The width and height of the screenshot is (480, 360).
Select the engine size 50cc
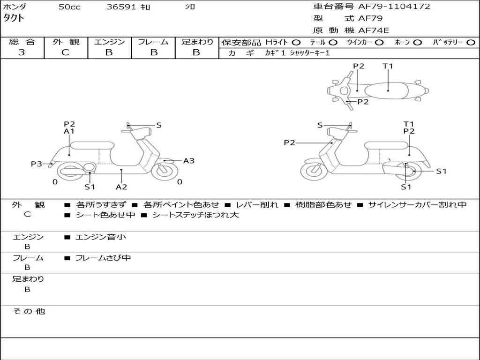tap(69, 7)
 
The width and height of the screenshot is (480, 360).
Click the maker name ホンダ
tap(15, 7)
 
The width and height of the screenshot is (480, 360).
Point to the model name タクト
tap(14, 18)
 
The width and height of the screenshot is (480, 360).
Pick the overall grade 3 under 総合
tap(22, 52)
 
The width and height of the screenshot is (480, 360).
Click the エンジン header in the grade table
tap(109, 42)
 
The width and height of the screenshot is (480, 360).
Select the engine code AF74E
tap(374, 31)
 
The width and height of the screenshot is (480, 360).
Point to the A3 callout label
tap(189, 161)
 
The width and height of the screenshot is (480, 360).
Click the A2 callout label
tap(121, 187)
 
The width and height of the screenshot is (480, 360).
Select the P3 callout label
tap(37, 164)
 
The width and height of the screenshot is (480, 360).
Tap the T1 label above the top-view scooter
tap(388, 66)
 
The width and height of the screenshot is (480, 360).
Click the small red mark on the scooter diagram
tap(390, 159)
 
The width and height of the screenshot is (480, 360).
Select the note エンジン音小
tap(100, 237)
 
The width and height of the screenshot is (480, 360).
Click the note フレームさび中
tap(103, 258)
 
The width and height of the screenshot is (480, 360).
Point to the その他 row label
tap(29, 311)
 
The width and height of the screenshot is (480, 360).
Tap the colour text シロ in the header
tap(190, 7)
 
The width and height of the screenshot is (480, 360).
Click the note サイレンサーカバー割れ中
tap(417, 205)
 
